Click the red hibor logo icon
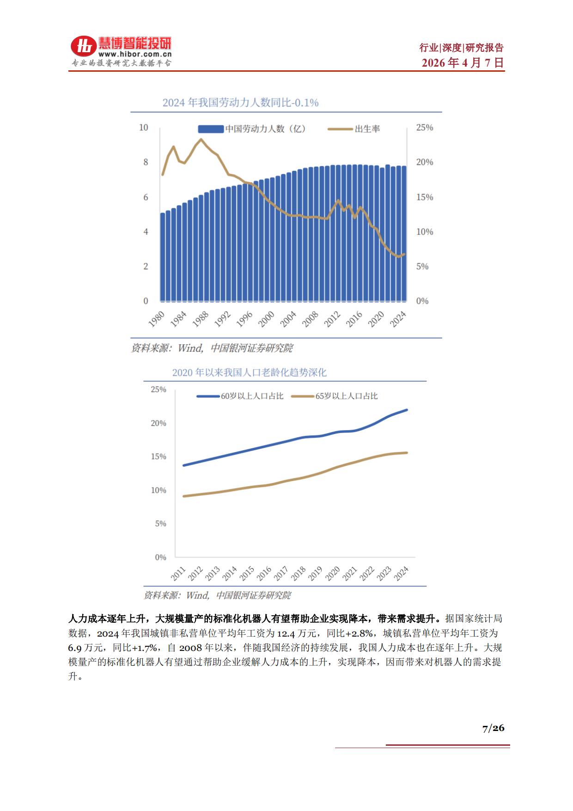coord(83,46)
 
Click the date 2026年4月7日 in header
coord(462,63)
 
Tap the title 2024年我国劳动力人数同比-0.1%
coord(240,103)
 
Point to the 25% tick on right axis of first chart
coord(424,128)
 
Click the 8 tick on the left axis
coord(146,162)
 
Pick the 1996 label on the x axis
coord(244,319)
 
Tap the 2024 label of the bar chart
coord(398,319)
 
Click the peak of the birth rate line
coord(201,139)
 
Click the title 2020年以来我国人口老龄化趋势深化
coord(249,372)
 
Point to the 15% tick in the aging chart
coord(158,457)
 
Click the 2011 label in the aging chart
coord(178,574)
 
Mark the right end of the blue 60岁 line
coord(407,410)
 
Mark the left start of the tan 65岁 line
coord(184,496)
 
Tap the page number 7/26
coord(493,728)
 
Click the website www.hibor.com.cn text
coord(135,54)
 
